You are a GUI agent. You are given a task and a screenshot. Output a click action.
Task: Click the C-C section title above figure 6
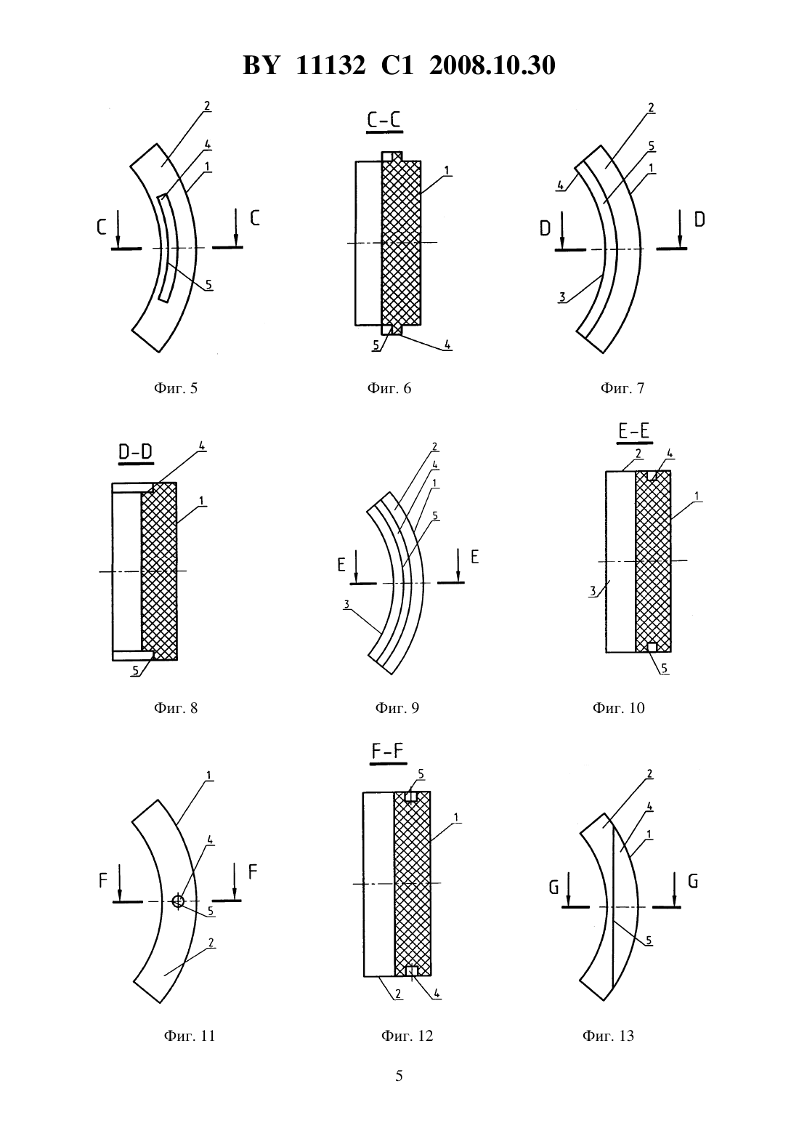point(385,120)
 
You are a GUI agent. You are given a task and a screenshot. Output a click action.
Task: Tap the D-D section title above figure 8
point(136,452)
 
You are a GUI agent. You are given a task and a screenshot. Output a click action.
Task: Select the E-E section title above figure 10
point(635,431)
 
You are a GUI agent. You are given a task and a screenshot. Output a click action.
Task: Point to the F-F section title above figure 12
point(388,751)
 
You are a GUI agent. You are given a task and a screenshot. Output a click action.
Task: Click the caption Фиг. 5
point(176,387)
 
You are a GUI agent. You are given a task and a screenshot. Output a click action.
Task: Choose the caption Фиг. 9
point(397,707)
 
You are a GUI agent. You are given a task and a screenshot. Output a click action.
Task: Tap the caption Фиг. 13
point(608,1036)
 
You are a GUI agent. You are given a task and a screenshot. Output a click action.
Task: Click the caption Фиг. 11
point(190,1036)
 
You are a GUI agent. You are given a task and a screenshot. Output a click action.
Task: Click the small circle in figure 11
point(177,901)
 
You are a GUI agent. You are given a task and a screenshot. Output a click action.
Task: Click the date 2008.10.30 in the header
point(492,65)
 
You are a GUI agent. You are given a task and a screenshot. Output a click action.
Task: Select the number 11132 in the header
point(330,65)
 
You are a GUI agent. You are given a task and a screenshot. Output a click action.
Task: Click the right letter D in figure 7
point(699,220)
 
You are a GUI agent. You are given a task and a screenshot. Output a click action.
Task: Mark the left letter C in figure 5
point(102,228)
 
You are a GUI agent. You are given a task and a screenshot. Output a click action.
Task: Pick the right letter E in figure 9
point(474,556)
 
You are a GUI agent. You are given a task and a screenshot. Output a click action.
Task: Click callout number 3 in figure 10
point(593,590)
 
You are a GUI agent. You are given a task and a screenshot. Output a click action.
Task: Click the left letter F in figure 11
point(103,880)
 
